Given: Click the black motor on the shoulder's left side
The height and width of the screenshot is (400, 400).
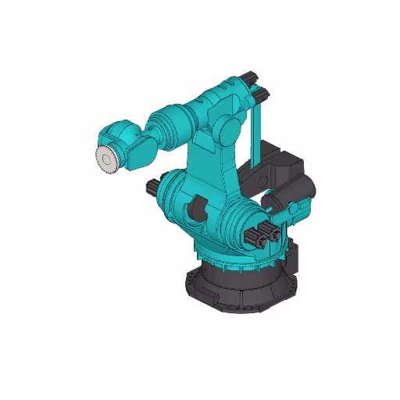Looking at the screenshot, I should pyautogui.click(x=152, y=188).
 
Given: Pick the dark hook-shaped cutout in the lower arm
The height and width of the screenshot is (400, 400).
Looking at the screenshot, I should pyautogui.click(x=197, y=209).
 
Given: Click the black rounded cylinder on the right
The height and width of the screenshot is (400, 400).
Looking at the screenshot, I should pyautogui.click(x=300, y=192).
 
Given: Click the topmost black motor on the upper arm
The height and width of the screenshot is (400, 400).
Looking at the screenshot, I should pyautogui.click(x=249, y=77).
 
